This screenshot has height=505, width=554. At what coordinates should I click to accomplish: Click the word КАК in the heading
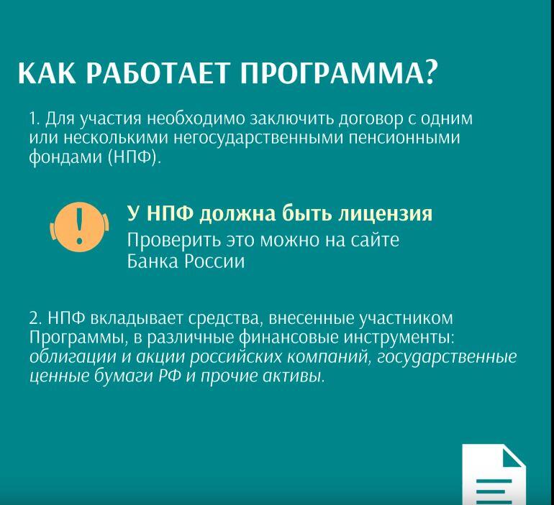(47, 73)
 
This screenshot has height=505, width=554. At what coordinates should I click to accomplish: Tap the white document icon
(494, 475)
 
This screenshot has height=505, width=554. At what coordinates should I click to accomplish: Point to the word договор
(371, 119)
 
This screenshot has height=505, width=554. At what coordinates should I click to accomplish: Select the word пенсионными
(404, 137)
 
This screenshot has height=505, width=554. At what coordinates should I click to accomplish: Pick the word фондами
(65, 157)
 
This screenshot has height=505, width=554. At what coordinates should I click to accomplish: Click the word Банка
(153, 261)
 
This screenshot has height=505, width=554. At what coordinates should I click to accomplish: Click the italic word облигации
(73, 357)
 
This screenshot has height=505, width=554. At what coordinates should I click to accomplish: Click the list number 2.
(35, 318)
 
